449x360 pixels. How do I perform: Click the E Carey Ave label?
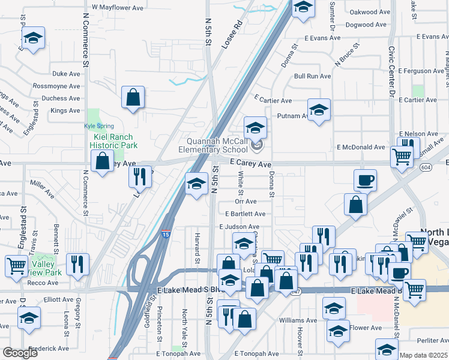(x=252, y=163)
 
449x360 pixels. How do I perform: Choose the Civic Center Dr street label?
(x=391, y=72)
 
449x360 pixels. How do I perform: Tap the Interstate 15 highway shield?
(x=164, y=236)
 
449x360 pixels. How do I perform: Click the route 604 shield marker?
(x=426, y=167)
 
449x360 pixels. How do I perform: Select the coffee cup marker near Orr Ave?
(x=366, y=179)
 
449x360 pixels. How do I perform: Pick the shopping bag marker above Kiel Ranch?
(x=133, y=97)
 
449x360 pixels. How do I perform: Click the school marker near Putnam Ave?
(x=319, y=109)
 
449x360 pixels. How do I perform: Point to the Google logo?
(x=20, y=353)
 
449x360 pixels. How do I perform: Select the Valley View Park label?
(x=46, y=268)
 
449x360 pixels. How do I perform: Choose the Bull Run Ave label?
(x=313, y=76)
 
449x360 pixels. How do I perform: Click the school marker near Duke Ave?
(x=33, y=38)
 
